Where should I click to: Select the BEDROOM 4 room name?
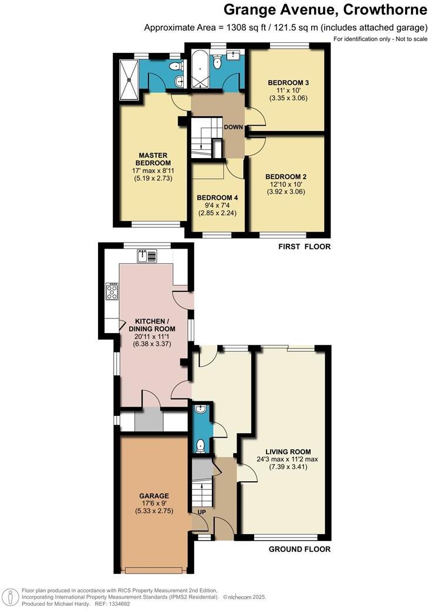point(217,197)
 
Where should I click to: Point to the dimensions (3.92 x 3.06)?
point(286,192)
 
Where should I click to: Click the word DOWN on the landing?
point(232,127)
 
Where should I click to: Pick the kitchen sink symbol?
point(147,255)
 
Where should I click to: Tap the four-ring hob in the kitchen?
point(112,291)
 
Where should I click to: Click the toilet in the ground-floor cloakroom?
point(201,446)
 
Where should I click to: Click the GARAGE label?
point(154,495)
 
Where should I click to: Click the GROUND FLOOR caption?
point(299,549)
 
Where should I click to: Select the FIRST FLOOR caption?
point(304,247)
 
